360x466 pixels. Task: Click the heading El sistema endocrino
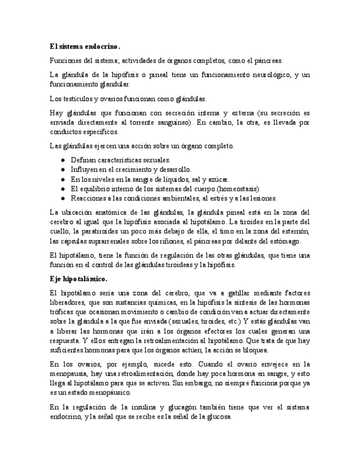click(84, 47)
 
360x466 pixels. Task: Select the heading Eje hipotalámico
click(78, 279)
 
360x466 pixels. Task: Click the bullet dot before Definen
click(64, 159)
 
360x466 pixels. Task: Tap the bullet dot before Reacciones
click(64, 198)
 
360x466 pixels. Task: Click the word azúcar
click(218, 179)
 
